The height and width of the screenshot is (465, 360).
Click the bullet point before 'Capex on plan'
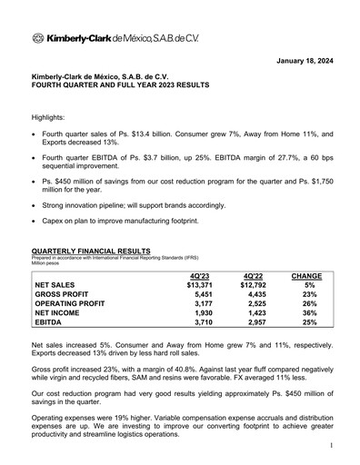pyautogui.click(x=35, y=221)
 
